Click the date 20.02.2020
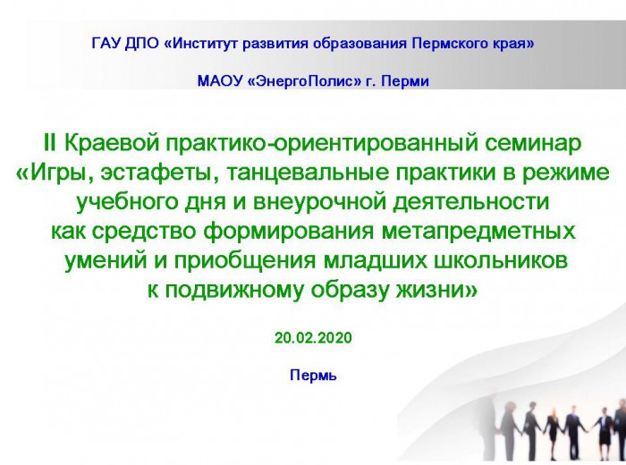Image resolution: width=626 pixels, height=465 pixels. pyautogui.click(x=313, y=338)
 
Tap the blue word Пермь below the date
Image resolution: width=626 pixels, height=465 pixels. pyautogui.click(x=313, y=376)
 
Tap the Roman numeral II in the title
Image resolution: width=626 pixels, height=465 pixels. pyautogui.click(x=50, y=143)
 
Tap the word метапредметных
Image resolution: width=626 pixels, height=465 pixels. pyautogui.click(x=478, y=232)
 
